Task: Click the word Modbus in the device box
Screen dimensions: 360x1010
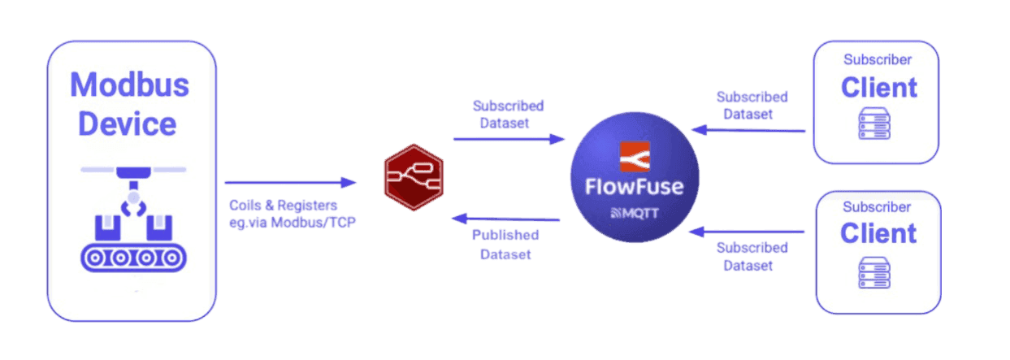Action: coord(129,85)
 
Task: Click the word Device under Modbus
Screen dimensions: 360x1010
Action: coord(127,124)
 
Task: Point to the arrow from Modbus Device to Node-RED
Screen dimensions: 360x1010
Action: coord(290,182)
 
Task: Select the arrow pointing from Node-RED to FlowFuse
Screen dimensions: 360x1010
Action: coord(509,139)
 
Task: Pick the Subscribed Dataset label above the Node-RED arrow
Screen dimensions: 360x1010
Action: coord(508,115)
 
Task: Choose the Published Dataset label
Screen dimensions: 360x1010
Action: coord(505,244)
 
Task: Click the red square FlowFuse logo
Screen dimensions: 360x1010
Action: coord(635,158)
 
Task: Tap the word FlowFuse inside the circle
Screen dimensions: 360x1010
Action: coord(634,187)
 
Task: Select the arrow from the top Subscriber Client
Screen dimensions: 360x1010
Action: coord(748,130)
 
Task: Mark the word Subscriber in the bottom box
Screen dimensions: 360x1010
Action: coord(877,207)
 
